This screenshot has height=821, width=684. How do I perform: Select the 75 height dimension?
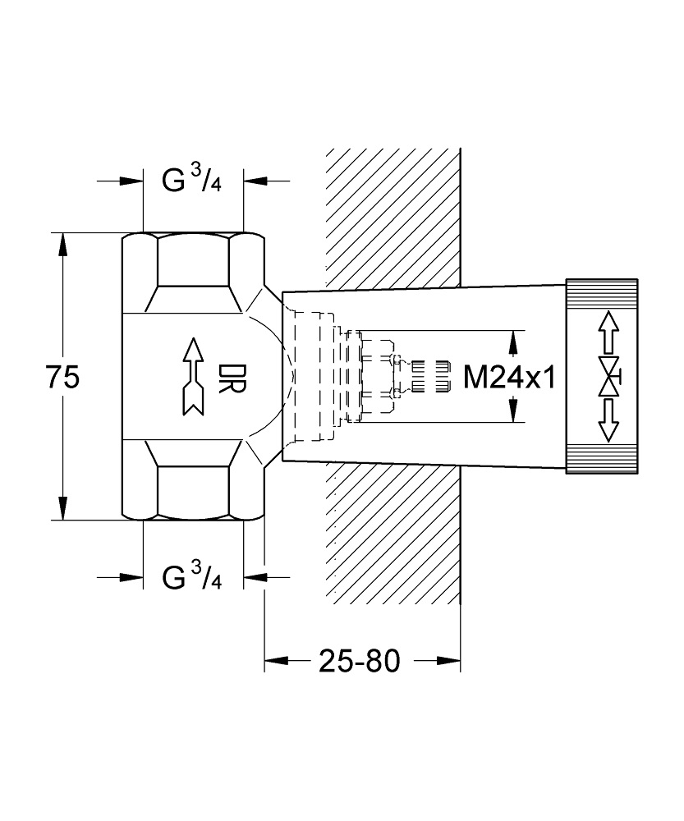pos(62,378)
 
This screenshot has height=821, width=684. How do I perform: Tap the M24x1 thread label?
pos(510,377)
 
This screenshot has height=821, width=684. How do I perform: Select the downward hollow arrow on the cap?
pos(608,420)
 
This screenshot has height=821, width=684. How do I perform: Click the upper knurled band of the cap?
pos(602,294)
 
